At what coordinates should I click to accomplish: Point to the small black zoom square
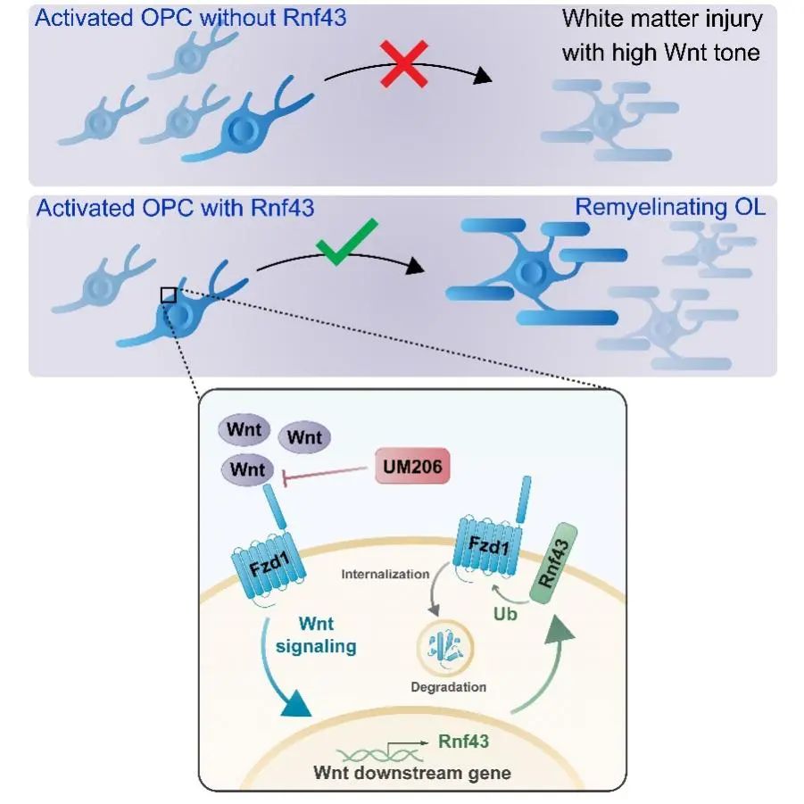(x=168, y=294)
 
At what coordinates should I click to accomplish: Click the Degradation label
(x=448, y=686)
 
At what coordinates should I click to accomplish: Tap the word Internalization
(x=385, y=574)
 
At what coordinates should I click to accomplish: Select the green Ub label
(x=506, y=615)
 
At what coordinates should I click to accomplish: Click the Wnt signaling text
(x=316, y=634)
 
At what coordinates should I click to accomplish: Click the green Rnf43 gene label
(x=463, y=741)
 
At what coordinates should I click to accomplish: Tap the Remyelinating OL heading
(x=669, y=208)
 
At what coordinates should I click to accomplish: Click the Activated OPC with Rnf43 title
(x=175, y=208)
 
